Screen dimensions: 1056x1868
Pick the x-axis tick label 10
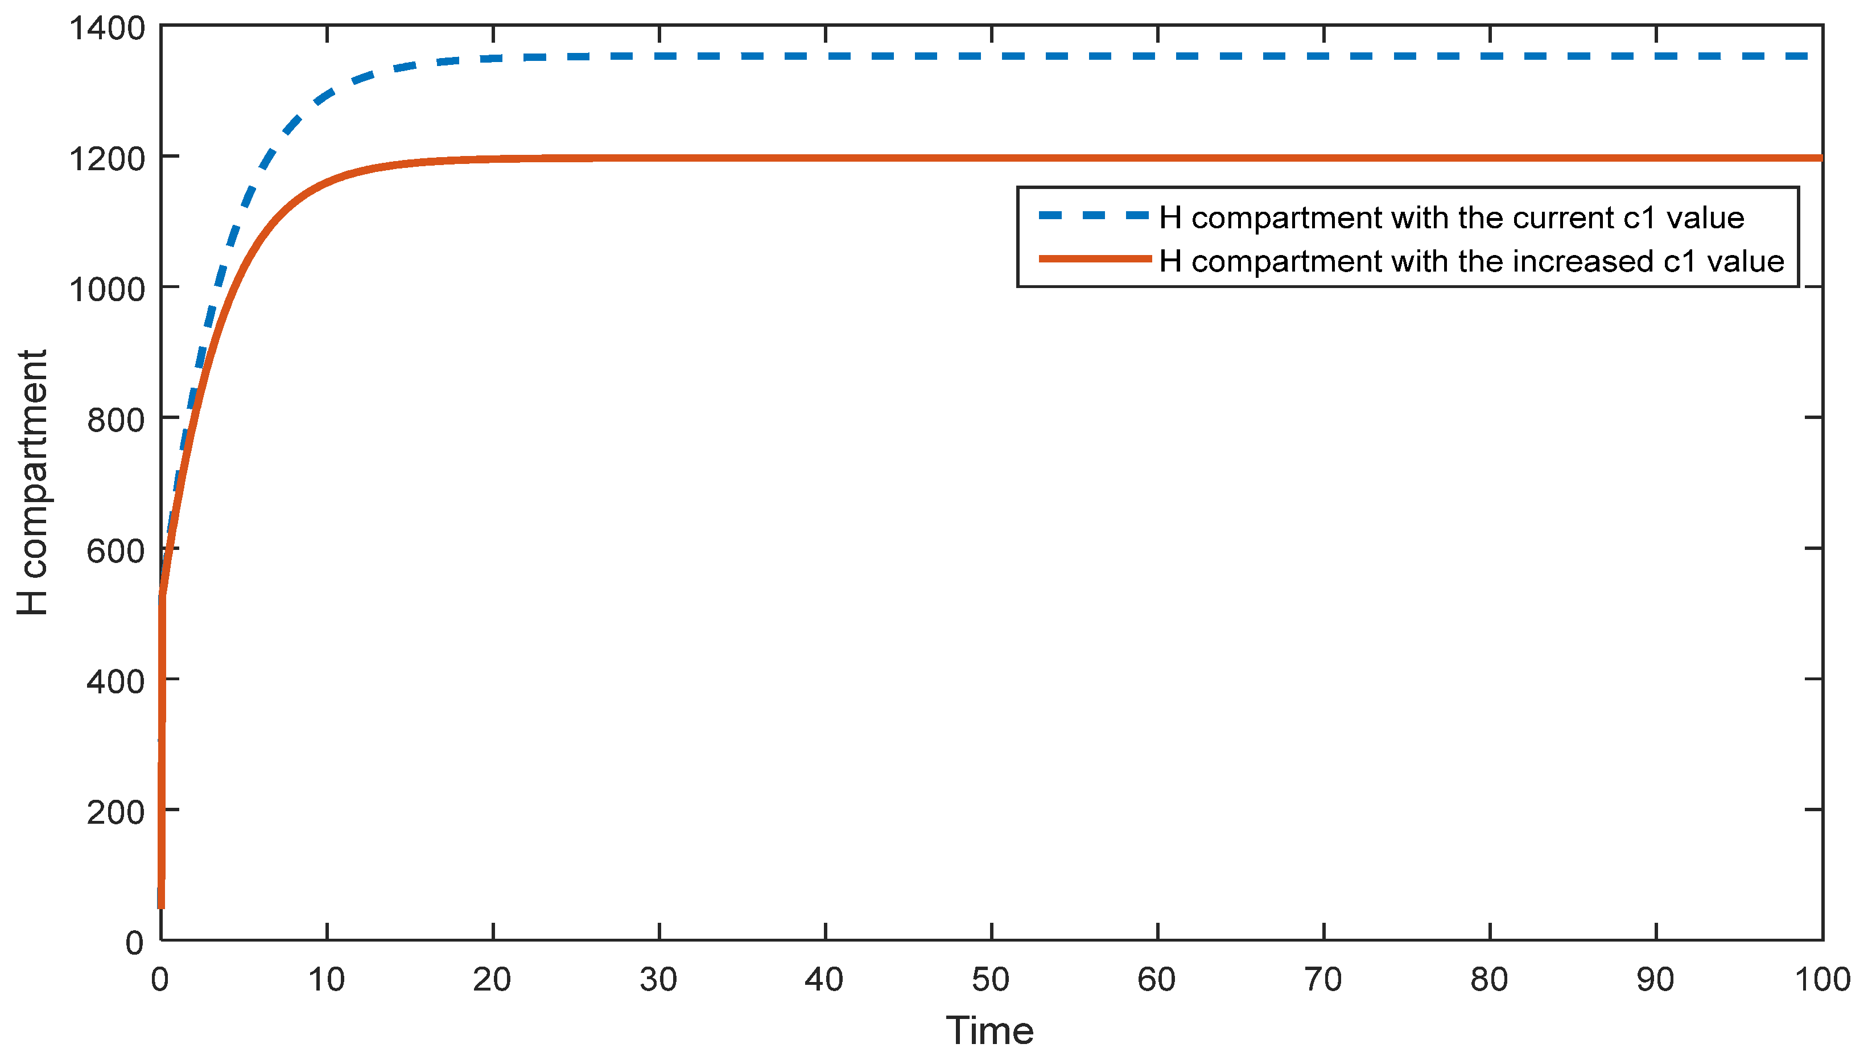327,980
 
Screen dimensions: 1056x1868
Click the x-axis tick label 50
991,980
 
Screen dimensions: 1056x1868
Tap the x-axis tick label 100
1821,980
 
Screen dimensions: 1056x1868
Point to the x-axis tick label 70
1323,980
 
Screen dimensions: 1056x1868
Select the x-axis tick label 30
658,980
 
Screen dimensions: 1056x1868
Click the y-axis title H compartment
32,482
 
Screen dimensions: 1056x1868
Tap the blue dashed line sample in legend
1094,215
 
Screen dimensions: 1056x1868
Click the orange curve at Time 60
1157,157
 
